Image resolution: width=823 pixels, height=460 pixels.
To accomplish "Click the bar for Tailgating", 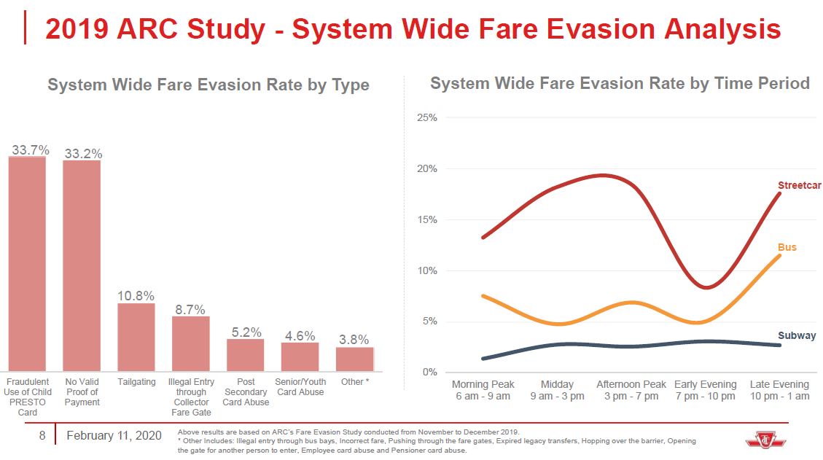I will tap(136, 337).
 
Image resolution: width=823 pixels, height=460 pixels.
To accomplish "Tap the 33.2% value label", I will tap(83, 154).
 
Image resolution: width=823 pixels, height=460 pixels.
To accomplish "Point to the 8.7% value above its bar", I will tap(190, 310).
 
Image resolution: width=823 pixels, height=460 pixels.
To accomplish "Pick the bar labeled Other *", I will tap(354, 359).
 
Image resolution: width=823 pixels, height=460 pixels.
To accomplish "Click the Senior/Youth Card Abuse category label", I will tap(300, 387).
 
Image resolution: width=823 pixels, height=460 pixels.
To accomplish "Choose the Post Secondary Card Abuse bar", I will tap(246, 355).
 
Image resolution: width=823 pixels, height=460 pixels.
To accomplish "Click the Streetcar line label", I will tap(800, 185).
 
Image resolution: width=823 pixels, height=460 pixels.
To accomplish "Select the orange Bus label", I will tap(787, 247).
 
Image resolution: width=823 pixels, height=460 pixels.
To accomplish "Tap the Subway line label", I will tap(797, 336).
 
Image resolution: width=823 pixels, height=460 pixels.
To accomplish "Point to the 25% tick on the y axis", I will tap(427, 118).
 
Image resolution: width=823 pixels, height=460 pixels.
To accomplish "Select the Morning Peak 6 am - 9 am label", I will tap(483, 390).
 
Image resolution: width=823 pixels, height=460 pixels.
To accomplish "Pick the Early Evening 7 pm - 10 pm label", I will tap(705, 390).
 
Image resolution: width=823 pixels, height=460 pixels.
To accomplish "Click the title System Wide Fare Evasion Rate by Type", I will tap(208, 85).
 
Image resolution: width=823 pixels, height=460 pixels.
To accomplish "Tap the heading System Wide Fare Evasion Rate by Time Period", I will tap(620, 83).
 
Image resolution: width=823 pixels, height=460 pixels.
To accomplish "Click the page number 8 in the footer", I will tap(42, 436).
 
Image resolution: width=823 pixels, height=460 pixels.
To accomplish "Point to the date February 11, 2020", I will tap(114, 436).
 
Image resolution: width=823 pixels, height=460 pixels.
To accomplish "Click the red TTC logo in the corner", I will tap(761, 440).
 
